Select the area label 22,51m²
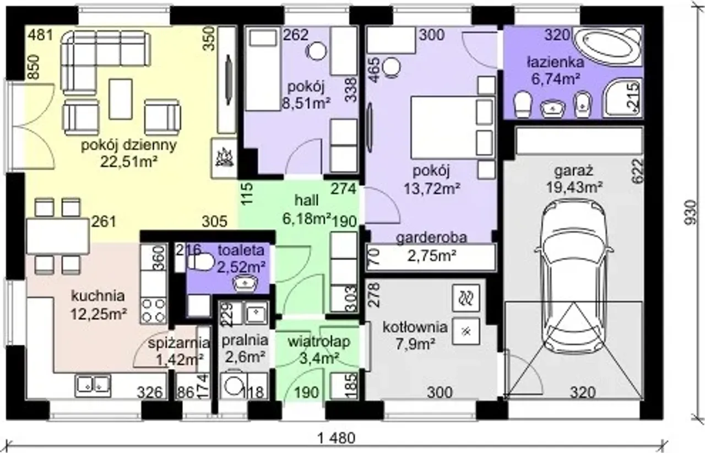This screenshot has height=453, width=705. point(129,162)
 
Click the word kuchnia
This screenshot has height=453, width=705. point(98,296)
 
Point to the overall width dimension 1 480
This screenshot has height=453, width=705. point(337,438)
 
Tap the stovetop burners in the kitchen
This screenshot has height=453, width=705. point(153,311)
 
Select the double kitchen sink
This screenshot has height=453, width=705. point(93,385)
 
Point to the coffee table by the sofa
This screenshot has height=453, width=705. point(121,99)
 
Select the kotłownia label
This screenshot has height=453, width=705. point(415,327)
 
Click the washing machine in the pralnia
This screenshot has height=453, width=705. point(233,386)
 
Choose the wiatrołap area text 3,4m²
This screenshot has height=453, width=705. point(319,358)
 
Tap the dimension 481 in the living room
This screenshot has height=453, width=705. point(41,35)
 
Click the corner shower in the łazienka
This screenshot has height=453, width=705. point(622,98)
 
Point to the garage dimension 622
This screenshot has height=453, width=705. point(637,170)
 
